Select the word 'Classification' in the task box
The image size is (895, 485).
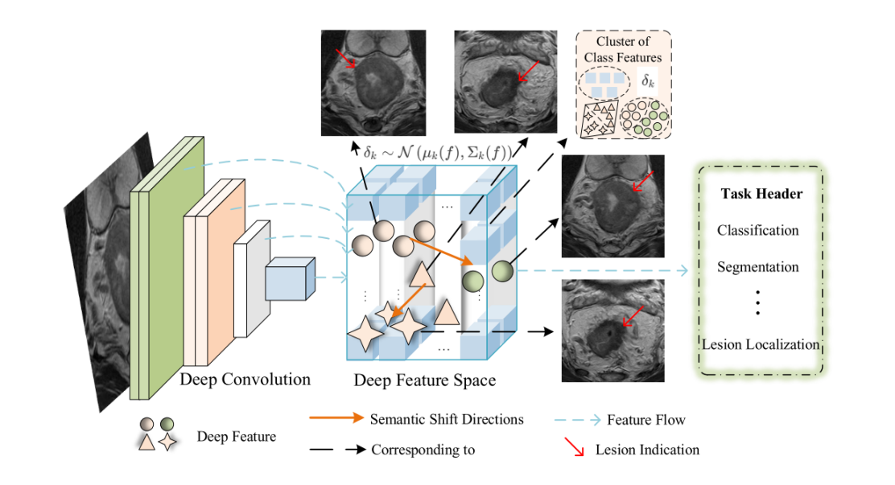tap(757, 230)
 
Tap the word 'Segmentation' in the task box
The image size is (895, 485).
tap(757, 267)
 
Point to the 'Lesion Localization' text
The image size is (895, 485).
tap(761, 344)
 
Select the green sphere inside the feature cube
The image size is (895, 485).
tap(472, 282)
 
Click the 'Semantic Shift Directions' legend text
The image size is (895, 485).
tap(447, 419)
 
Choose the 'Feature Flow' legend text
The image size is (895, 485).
tap(645, 419)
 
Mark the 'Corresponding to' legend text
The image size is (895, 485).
tap(423, 449)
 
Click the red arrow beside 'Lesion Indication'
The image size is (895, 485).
tap(574, 447)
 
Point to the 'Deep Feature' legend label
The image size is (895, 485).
tap(236, 437)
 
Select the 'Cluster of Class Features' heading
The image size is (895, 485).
tap(623, 49)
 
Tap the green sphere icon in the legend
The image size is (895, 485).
tap(167, 424)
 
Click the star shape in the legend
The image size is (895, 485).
tap(168, 442)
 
